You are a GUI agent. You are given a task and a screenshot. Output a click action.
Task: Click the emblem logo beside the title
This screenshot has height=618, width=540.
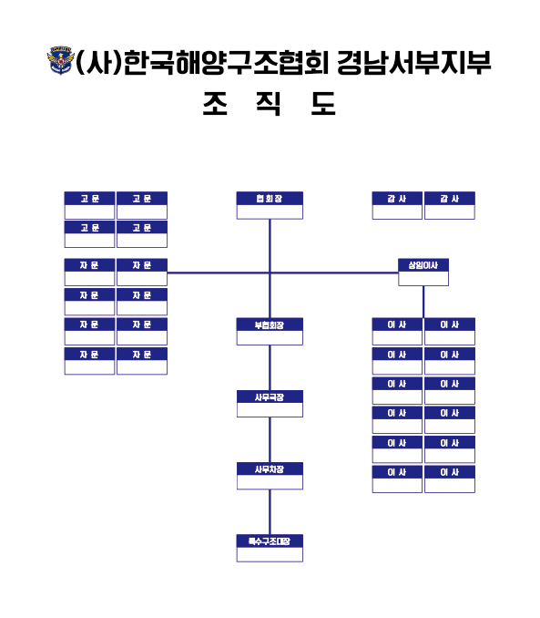pyautogui.click(x=60, y=60)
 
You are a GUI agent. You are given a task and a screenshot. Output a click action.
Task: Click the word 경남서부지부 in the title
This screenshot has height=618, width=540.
pyautogui.click(x=414, y=63)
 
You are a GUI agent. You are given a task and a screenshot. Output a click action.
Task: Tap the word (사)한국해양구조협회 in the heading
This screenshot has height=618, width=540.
pyautogui.click(x=201, y=63)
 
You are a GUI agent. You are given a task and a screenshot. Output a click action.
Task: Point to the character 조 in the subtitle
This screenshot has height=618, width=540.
pyautogui.click(x=215, y=103)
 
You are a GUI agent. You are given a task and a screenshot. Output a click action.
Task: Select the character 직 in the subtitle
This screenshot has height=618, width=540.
pyautogui.click(x=269, y=103)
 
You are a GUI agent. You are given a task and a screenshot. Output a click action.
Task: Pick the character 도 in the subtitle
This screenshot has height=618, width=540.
pyautogui.click(x=323, y=103)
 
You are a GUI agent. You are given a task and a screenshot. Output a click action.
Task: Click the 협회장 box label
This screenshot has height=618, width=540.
pyautogui.click(x=270, y=199)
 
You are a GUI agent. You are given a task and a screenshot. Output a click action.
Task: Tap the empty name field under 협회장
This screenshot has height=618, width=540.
pyautogui.click(x=270, y=211)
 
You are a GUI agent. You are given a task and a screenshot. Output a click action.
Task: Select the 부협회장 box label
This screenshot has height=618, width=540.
pyautogui.click(x=270, y=325)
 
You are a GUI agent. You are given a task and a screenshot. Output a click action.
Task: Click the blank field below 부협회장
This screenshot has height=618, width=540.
pyautogui.click(x=270, y=338)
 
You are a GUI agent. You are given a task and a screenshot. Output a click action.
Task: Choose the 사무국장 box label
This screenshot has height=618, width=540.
pyautogui.click(x=270, y=397)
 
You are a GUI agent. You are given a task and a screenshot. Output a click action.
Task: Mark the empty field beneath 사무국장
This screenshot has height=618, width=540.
pyautogui.click(x=270, y=410)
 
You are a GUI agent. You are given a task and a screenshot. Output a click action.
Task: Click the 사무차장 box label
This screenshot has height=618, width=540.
pyautogui.click(x=270, y=469)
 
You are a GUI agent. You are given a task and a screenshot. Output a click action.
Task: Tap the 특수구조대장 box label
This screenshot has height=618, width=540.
pyautogui.click(x=270, y=541)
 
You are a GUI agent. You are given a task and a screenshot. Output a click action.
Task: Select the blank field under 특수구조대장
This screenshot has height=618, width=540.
pyautogui.click(x=270, y=554)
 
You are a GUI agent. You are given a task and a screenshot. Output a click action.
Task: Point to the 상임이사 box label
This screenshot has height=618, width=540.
pyautogui.click(x=423, y=265)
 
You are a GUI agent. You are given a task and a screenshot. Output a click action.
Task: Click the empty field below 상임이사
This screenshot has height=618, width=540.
pyautogui.click(x=423, y=278)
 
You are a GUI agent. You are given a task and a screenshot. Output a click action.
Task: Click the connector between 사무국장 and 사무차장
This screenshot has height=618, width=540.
pyautogui.click(x=270, y=439)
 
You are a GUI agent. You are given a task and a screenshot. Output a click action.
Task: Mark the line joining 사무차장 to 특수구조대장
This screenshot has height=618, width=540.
pyautogui.click(x=270, y=512)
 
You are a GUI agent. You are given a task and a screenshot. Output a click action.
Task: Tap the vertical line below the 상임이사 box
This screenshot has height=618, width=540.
pyautogui.click(x=423, y=302)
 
